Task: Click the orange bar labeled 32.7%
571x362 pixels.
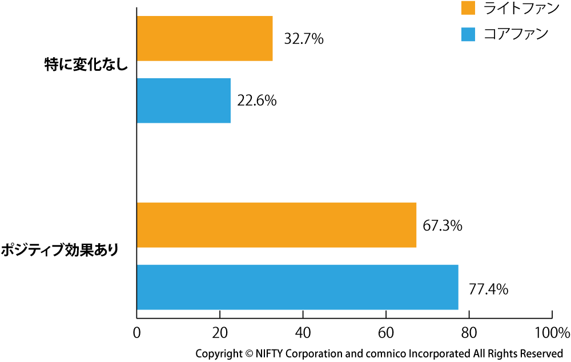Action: click(x=204, y=38)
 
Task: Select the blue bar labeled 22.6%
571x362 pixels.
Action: click(x=183, y=100)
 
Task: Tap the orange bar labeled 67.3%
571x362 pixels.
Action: click(x=276, y=225)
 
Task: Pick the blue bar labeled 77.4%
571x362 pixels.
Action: click(x=297, y=287)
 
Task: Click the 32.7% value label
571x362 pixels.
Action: click(x=304, y=39)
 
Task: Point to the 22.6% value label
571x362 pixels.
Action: click(x=257, y=101)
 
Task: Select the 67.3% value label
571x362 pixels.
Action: click(x=443, y=226)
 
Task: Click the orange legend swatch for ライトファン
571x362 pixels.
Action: click(x=468, y=9)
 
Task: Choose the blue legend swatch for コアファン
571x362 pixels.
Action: click(x=468, y=34)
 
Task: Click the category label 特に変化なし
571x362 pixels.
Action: click(x=86, y=65)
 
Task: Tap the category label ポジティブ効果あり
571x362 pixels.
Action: click(x=60, y=250)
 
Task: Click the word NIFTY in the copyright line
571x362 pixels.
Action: click(x=274, y=353)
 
